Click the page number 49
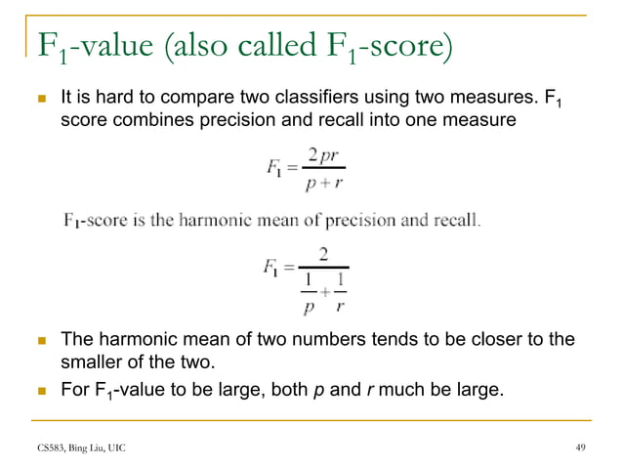coord(583,446)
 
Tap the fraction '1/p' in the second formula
coord(308,291)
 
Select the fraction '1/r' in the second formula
coord(341,291)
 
